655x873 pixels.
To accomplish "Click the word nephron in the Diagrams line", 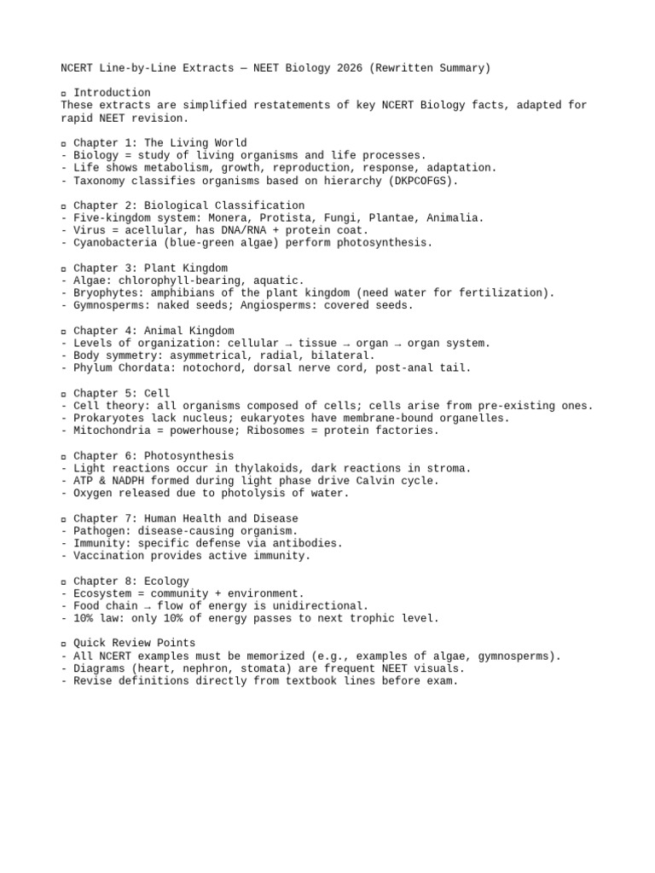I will pyautogui.click(x=201, y=668).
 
